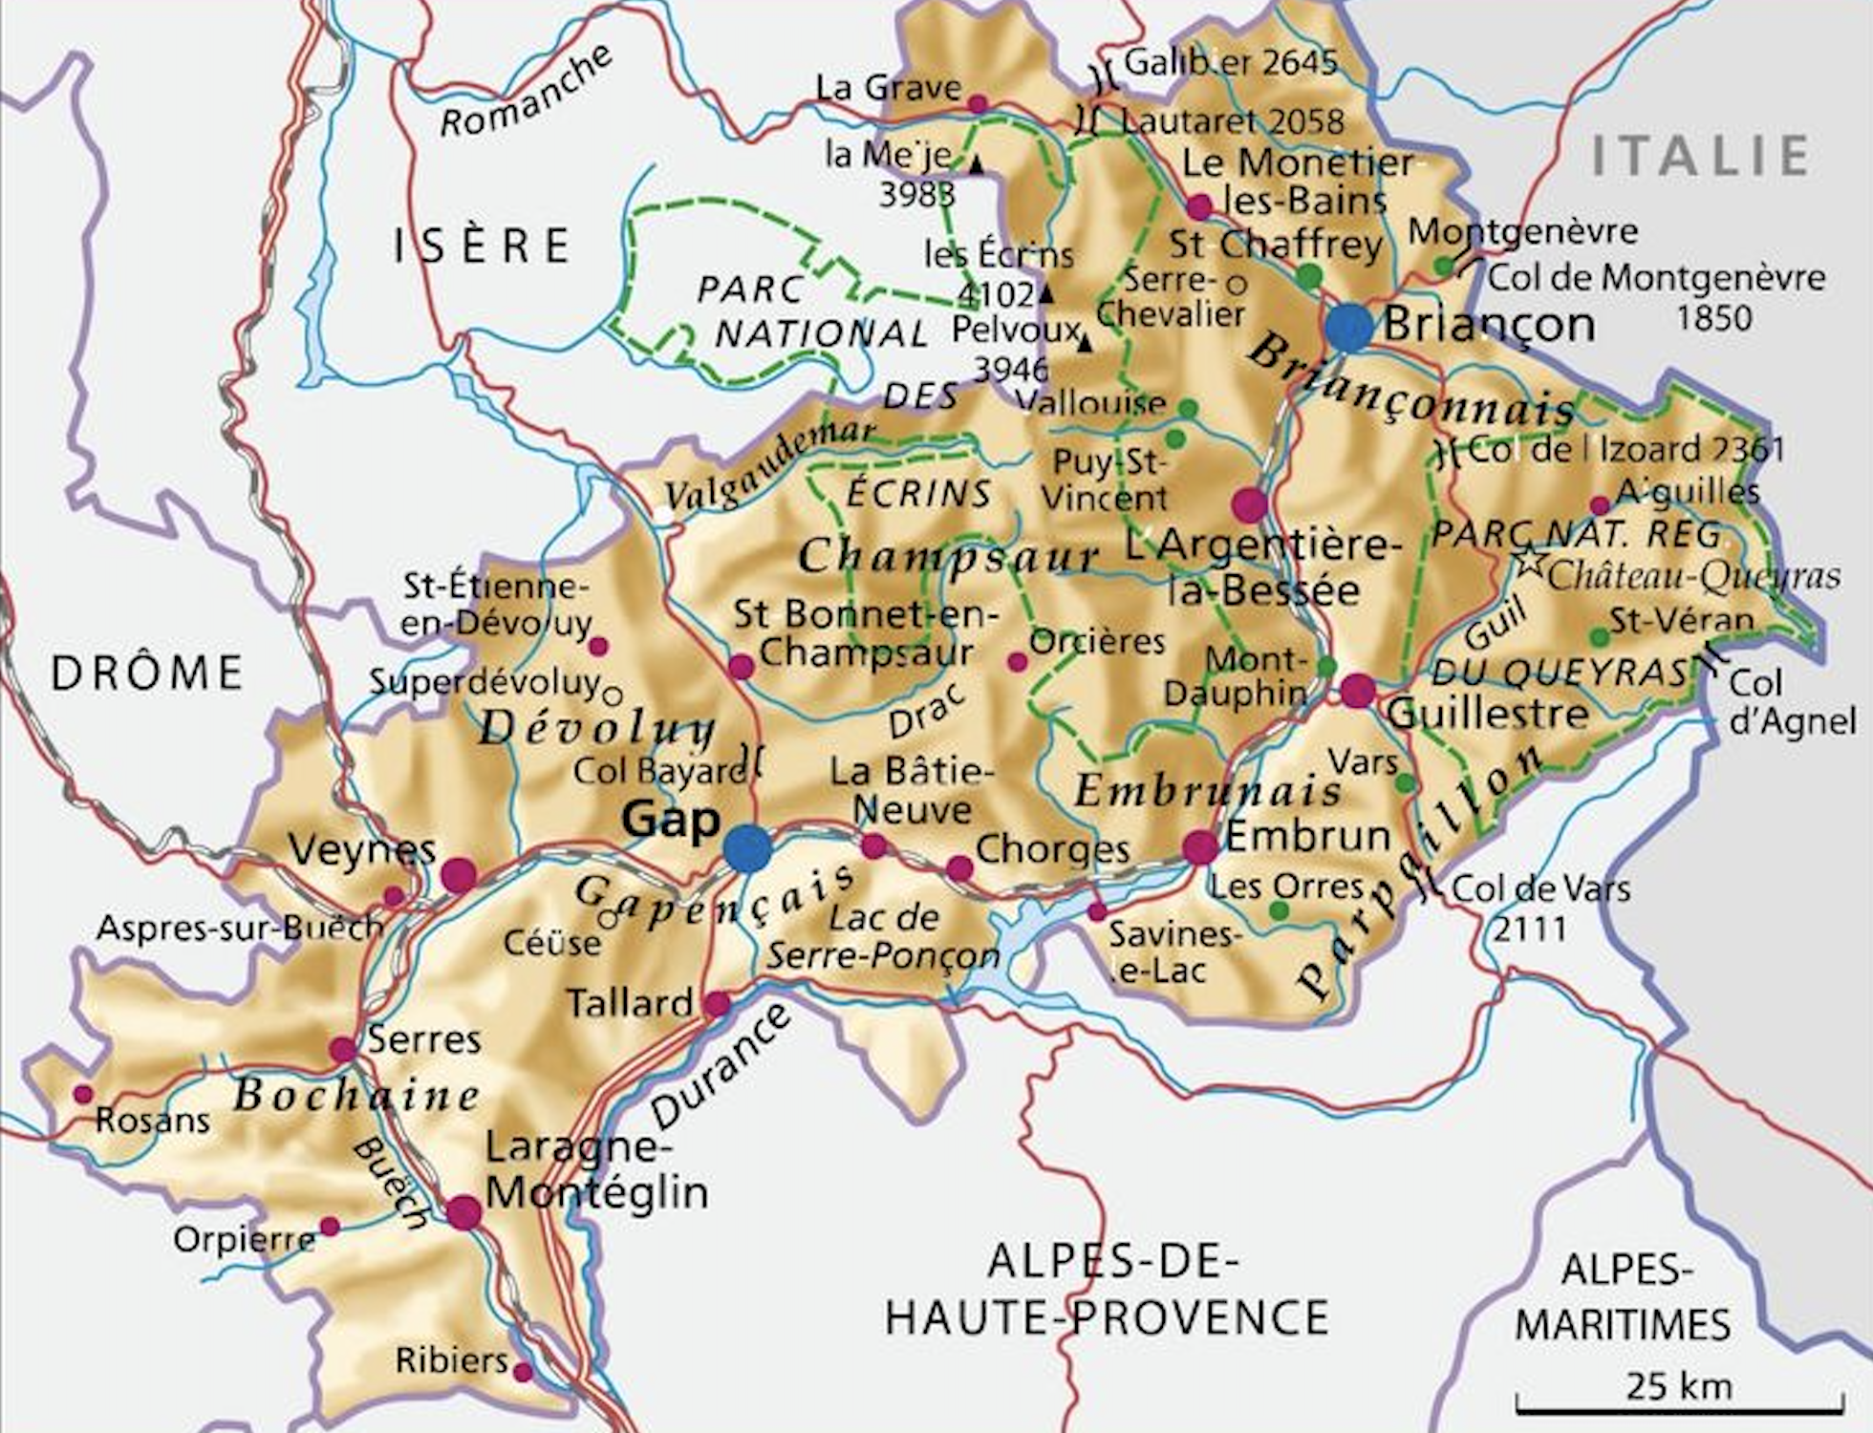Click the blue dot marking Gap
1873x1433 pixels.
click(747, 849)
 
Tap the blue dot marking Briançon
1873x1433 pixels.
click(1349, 327)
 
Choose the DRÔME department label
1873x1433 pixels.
click(148, 674)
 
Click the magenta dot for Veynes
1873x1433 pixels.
click(459, 874)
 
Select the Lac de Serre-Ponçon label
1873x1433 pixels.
click(884, 937)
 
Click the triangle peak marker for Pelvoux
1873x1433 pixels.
click(1084, 343)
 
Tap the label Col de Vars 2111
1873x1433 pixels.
click(1539, 908)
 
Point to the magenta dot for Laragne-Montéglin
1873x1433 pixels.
click(464, 1212)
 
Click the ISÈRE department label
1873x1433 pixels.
click(483, 246)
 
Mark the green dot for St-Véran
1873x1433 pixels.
click(1599, 636)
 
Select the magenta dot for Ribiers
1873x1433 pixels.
click(523, 1373)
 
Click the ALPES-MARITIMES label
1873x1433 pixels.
click(1624, 1297)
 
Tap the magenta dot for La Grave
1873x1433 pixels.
click(978, 102)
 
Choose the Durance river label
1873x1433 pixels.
click(721, 1067)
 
